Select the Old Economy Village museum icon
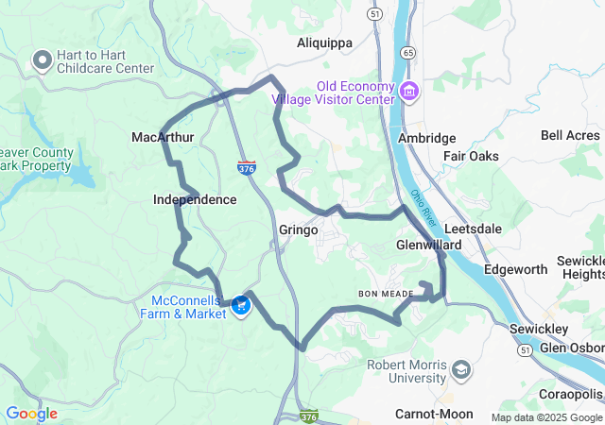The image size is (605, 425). [x=409, y=92]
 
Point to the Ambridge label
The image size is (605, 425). [x=427, y=138]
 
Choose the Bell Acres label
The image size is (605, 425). [x=570, y=136]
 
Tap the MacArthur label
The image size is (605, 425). [x=163, y=138]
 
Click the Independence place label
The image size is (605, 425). [x=195, y=200]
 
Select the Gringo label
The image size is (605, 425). [x=299, y=229]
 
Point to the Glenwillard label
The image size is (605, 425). [x=428, y=245]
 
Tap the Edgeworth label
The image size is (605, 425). [x=515, y=269]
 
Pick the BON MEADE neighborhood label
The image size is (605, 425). [x=386, y=295]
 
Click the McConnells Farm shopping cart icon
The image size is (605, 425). [x=241, y=304]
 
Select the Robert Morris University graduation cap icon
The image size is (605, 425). [x=461, y=368]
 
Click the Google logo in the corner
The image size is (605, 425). [x=31, y=414]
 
